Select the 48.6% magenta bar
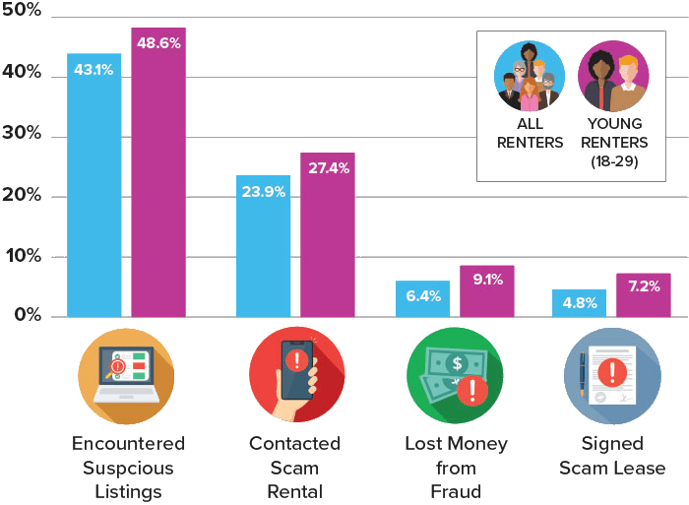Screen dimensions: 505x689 pos(157,172)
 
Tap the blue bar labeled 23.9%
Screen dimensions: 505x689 pos(263,246)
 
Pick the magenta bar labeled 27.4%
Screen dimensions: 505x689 pos(327,235)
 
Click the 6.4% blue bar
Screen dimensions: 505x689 pos(422,298)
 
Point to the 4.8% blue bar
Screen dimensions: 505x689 pos(579,303)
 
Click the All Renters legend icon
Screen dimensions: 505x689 pos(530,76)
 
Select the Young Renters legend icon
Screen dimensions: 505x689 pos(613,76)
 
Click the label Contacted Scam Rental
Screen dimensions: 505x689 pos(295,467)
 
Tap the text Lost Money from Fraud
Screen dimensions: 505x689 pos(455,467)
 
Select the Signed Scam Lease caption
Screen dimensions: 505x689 pos(612,456)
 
